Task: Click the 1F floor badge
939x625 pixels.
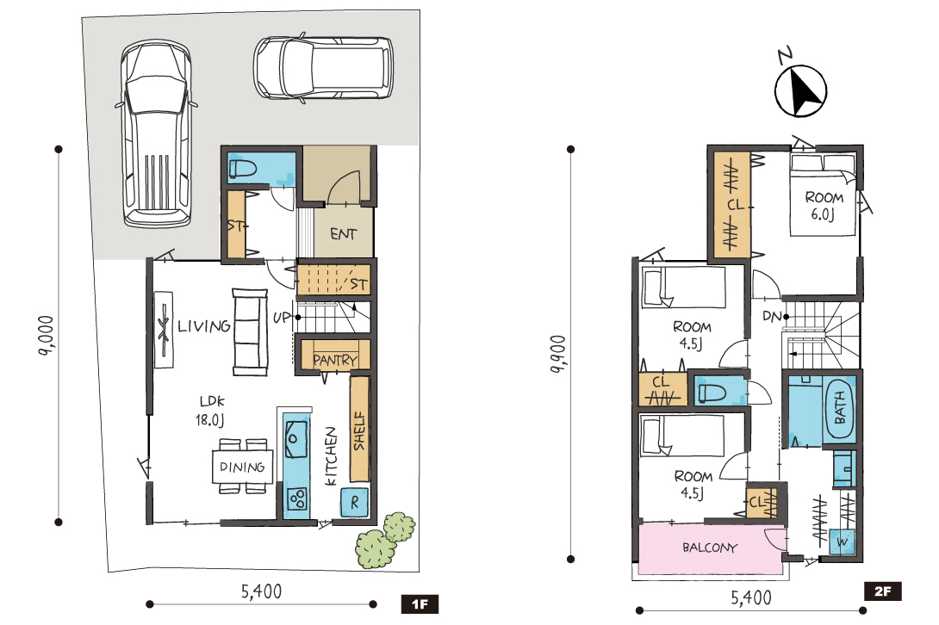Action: click(x=420, y=604)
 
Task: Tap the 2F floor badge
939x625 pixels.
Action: click(x=883, y=591)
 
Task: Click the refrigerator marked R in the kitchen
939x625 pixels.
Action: click(x=354, y=503)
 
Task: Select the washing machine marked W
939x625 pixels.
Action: click(x=843, y=542)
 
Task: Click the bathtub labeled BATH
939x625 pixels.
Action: click(x=840, y=409)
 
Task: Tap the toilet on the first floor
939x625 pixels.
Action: click(x=243, y=168)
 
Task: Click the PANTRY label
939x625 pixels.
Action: click(x=335, y=361)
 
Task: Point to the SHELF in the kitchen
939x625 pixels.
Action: click(x=358, y=429)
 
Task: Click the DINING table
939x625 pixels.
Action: click(x=243, y=467)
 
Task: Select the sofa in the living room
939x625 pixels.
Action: click(x=251, y=332)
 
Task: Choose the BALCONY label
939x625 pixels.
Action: click(x=710, y=548)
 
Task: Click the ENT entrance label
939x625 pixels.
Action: click(x=343, y=234)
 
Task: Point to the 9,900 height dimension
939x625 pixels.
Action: click(x=557, y=354)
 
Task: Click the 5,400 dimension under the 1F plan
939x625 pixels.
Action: click(x=261, y=591)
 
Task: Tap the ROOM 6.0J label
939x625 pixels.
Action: click(x=824, y=206)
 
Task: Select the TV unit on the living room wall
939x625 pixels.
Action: click(x=164, y=330)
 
